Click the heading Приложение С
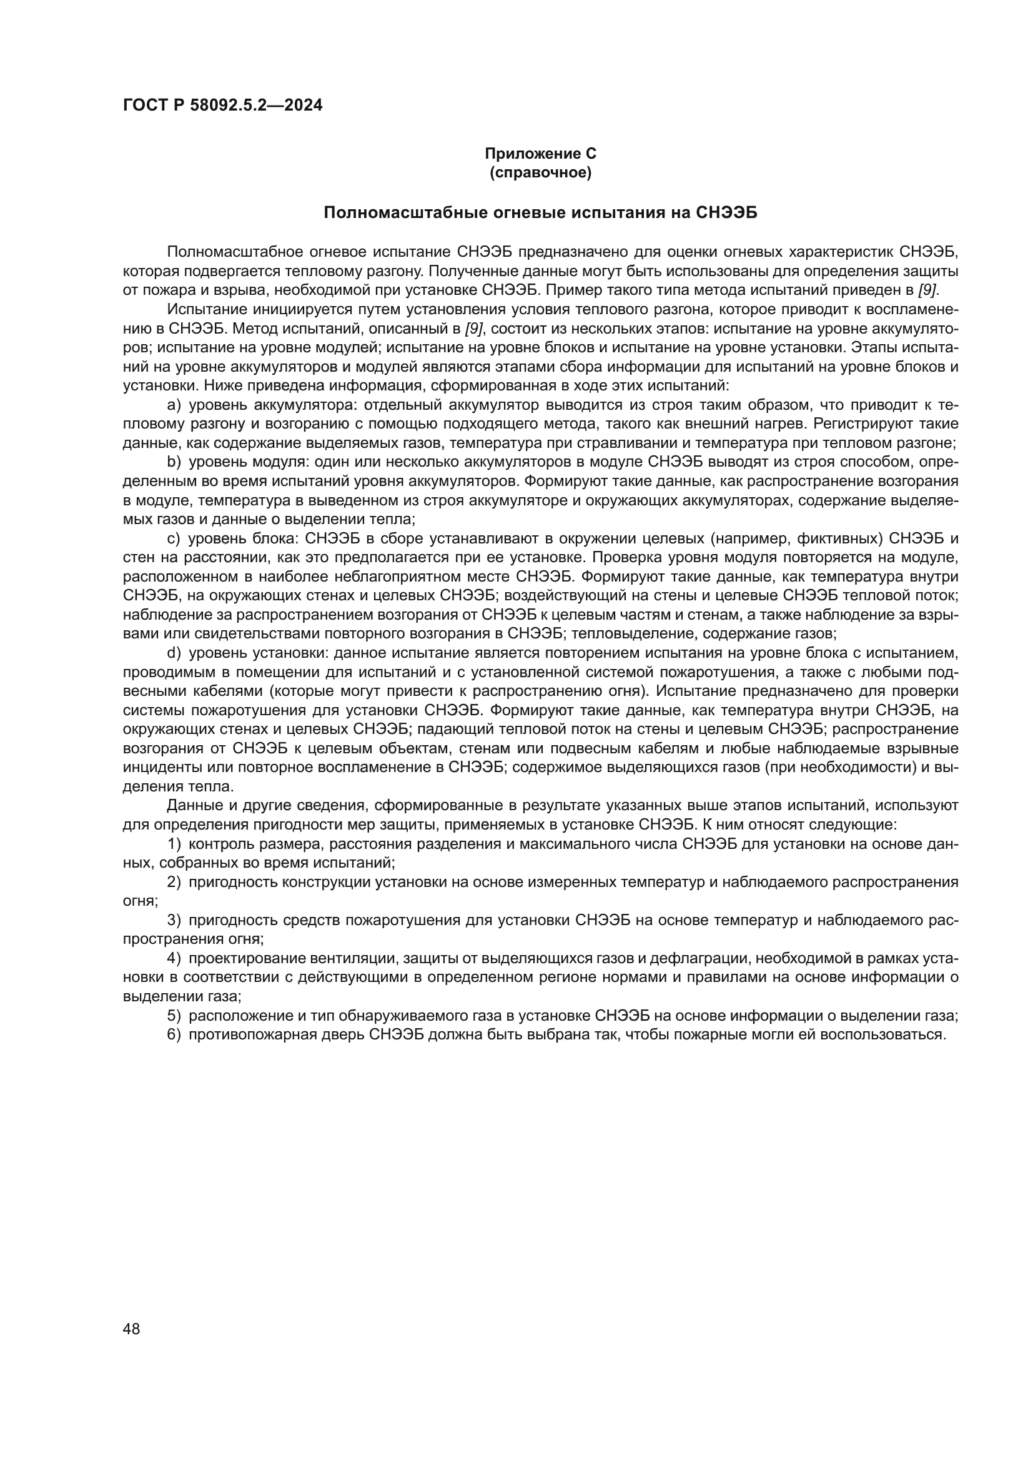pos(540,154)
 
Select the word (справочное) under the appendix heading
pos(540,173)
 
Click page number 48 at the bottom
pos(132,1329)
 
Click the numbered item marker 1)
pos(174,844)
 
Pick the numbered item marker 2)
pos(174,883)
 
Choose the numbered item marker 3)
pos(174,921)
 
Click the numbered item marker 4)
pos(174,959)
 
